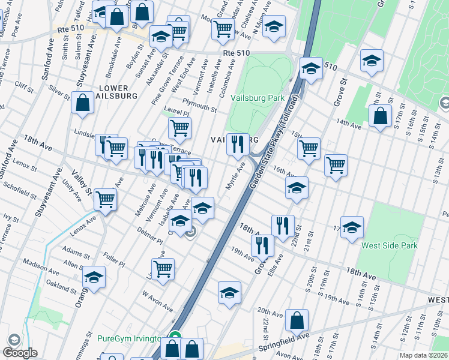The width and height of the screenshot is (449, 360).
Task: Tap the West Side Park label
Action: click(x=389, y=245)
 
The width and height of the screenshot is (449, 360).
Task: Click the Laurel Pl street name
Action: click(x=177, y=113)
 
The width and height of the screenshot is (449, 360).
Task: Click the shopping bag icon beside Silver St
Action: click(x=82, y=103)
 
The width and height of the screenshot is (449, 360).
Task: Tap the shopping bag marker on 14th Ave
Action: click(x=381, y=116)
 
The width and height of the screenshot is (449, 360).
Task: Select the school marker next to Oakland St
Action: click(x=94, y=277)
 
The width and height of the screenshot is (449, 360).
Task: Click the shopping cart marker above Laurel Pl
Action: click(x=179, y=128)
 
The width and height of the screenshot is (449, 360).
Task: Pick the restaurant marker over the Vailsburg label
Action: click(x=238, y=144)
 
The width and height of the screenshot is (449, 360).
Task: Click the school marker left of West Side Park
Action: click(x=352, y=227)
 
